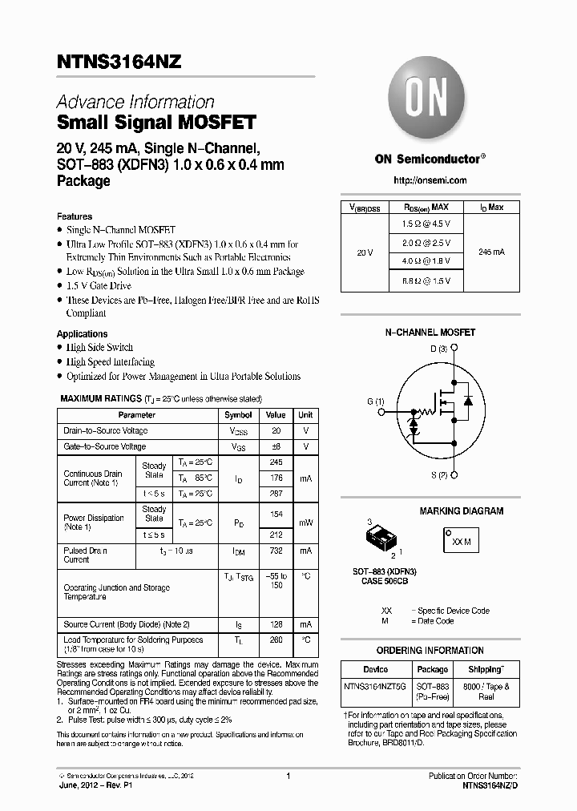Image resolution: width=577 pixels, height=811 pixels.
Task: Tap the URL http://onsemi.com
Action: pyautogui.click(x=430, y=180)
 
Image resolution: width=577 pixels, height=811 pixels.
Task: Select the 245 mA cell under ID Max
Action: pyautogui.click(x=491, y=252)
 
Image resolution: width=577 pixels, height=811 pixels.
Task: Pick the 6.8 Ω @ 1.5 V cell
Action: pyautogui.click(x=426, y=280)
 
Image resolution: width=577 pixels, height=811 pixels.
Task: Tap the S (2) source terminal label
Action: pyautogui.click(x=438, y=475)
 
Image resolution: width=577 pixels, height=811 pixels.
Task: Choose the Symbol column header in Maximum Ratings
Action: pyautogui.click(x=238, y=415)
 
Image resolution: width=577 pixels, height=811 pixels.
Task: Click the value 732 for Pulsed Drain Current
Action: pyautogui.click(x=276, y=551)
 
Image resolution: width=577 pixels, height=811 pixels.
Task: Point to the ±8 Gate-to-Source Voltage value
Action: pyautogui.click(x=276, y=446)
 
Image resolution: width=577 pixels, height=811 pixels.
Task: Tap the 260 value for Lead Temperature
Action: pyautogui.click(x=276, y=640)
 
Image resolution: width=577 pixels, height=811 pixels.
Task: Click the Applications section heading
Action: pyautogui.click(x=82, y=334)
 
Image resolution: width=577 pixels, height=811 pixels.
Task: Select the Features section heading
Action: pyautogui.click(x=75, y=216)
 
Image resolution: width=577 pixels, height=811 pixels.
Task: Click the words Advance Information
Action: pyautogui.click(x=135, y=103)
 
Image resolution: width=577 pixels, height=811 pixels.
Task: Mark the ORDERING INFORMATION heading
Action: pyautogui.click(x=430, y=650)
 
